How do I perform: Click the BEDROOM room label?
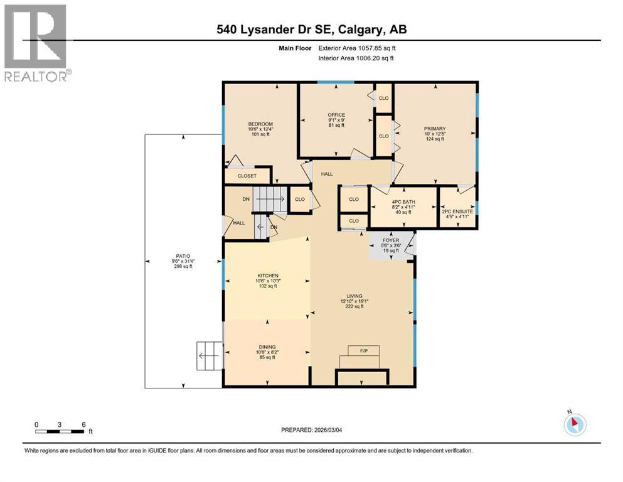click(260, 124)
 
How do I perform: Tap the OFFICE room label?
click(336, 115)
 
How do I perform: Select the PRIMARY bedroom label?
click(434, 129)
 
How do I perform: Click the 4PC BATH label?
click(403, 202)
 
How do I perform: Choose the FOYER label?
click(391, 240)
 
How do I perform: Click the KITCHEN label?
click(267, 276)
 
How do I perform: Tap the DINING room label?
click(267, 347)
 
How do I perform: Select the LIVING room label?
click(350, 297)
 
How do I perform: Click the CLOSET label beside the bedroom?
click(247, 176)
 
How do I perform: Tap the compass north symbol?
click(575, 424)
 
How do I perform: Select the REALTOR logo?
click(36, 43)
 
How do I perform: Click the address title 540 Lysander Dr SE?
click(311, 29)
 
